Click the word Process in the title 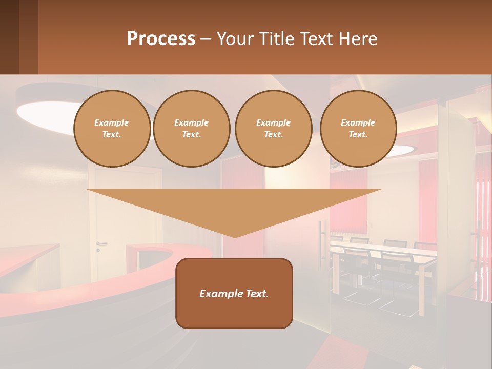tap(161, 39)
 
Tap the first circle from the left tap(112, 129)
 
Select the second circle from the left tap(191, 129)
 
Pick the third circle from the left tap(273, 129)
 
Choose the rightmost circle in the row tap(358, 129)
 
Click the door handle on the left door tap(100, 244)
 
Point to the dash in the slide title tap(206, 40)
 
